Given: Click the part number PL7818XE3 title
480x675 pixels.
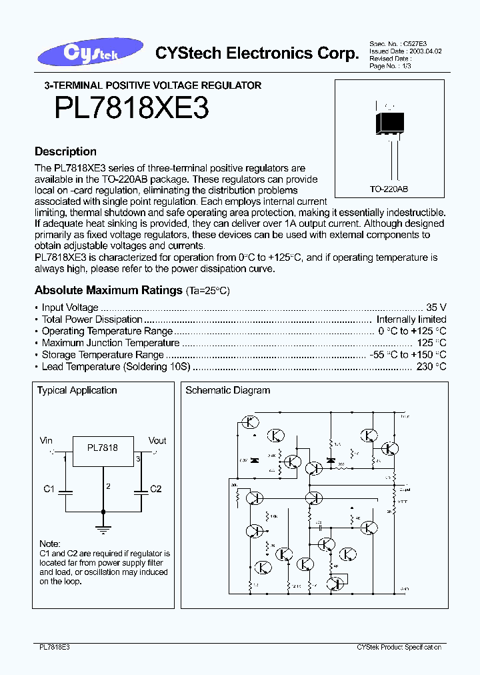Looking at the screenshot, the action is pos(133,109).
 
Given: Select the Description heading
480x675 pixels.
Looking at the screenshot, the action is pos(65,151).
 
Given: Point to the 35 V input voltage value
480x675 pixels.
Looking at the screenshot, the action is pos(436,307).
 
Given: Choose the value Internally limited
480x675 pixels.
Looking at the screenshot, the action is pos(411,319).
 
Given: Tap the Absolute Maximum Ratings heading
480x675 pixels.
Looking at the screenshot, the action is pos(109,291).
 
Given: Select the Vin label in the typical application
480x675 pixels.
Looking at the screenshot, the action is pos(46,441).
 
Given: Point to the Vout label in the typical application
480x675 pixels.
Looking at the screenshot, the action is pos(157,441).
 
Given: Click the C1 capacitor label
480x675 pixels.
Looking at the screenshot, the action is pos(49,489).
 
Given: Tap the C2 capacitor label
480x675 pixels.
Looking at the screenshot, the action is pos(155,489).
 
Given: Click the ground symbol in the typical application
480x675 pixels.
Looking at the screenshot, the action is pos(103,528).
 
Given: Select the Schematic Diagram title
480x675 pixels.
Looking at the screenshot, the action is pos(228,390).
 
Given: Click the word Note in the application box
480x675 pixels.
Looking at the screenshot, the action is pos(49,544).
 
